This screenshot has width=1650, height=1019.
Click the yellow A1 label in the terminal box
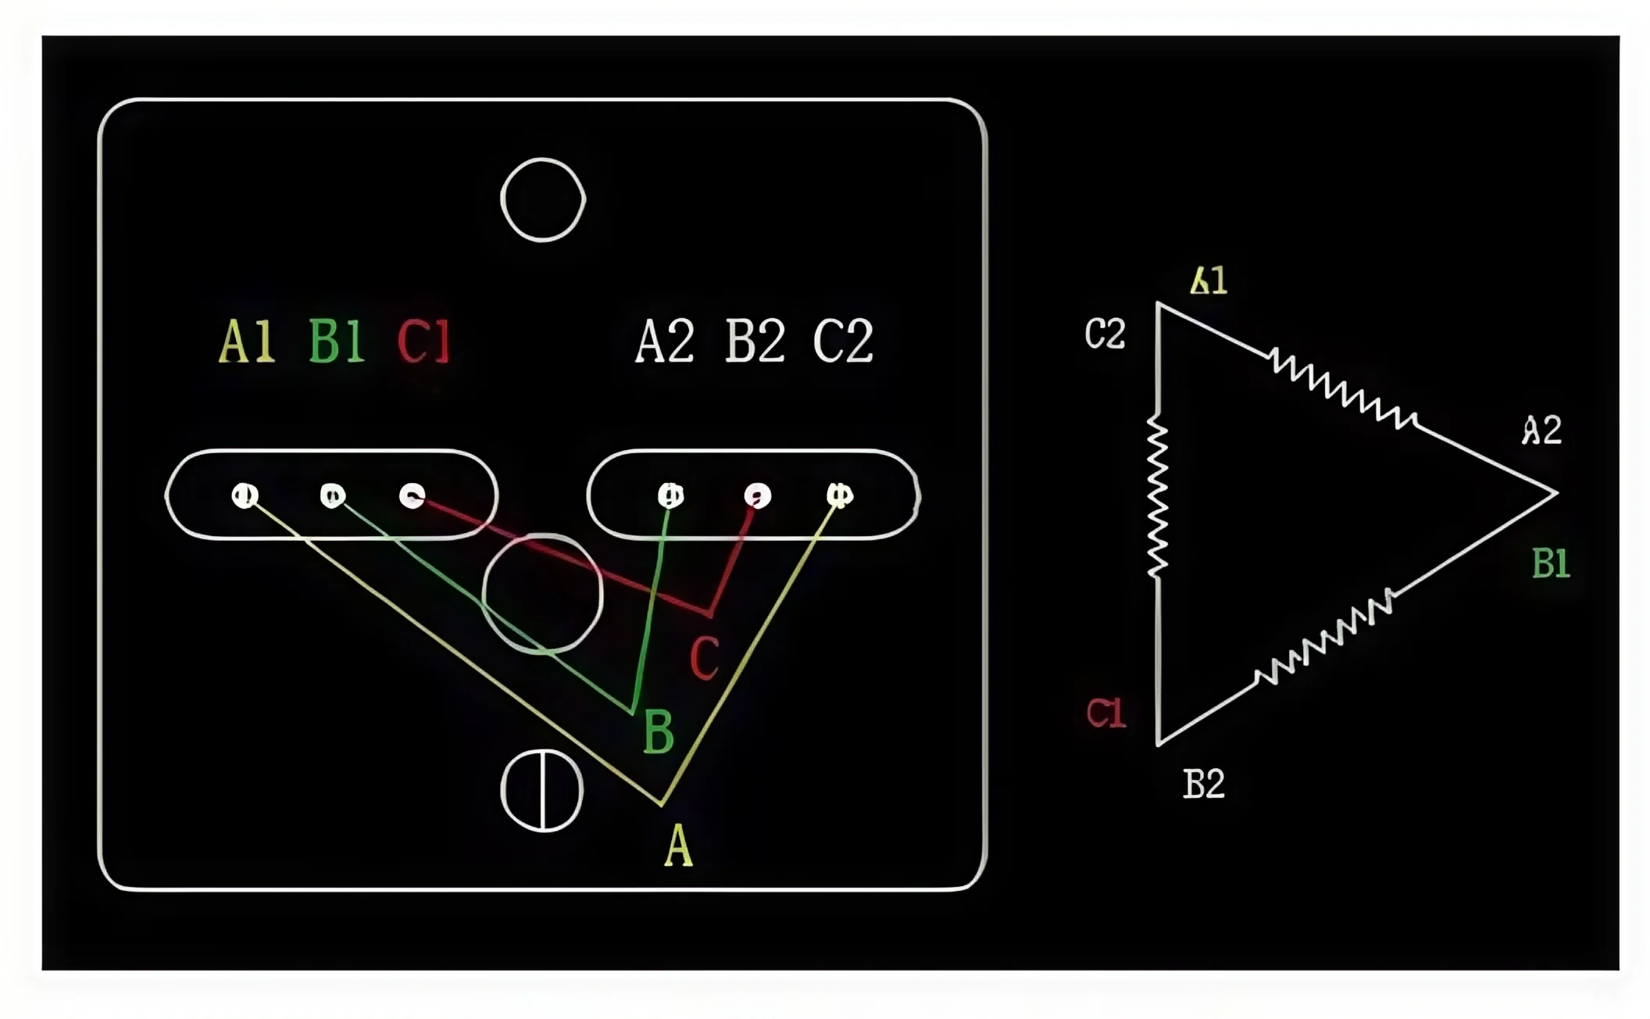(x=247, y=341)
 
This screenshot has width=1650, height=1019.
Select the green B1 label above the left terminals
(x=337, y=341)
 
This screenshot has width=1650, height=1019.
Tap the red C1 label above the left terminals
(x=424, y=341)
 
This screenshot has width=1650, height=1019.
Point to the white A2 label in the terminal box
(x=665, y=341)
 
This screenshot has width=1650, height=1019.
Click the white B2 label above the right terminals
(x=755, y=341)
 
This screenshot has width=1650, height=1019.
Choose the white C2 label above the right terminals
(x=843, y=341)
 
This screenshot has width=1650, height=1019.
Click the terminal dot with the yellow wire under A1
(x=245, y=495)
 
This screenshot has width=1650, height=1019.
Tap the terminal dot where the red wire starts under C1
(x=412, y=495)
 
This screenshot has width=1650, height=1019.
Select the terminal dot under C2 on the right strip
(x=840, y=495)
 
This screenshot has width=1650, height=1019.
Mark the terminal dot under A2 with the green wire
(x=670, y=495)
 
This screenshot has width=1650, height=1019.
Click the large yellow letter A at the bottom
(x=678, y=846)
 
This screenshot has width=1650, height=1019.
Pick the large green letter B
(x=658, y=732)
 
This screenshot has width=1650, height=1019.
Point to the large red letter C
(x=704, y=657)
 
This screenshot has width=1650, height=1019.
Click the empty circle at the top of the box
(x=543, y=200)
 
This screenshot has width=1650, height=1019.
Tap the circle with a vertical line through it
(x=542, y=790)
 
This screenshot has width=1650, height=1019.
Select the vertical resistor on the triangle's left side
(x=1157, y=496)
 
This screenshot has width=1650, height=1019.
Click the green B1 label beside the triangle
(x=1551, y=563)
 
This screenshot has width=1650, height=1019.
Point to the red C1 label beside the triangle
(x=1106, y=713)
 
